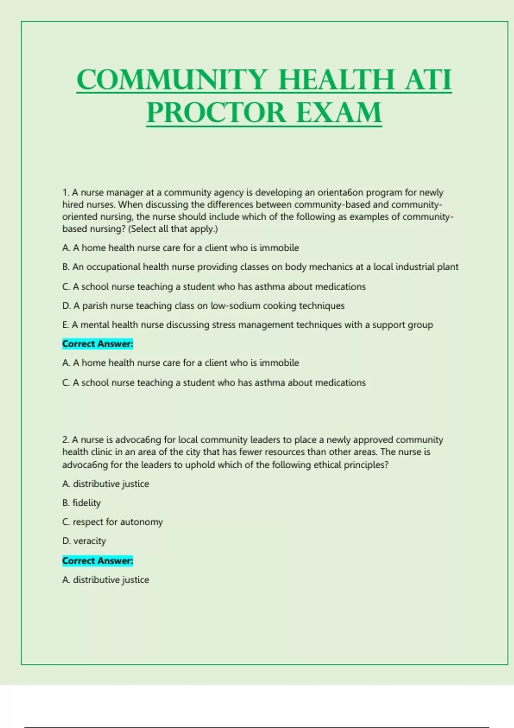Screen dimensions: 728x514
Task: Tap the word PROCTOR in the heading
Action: click(216, 113)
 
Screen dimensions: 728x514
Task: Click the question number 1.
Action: click(66, 193)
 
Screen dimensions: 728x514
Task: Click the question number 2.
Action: click(66, 440)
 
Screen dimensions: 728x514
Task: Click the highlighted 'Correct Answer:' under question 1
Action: click(98, 344)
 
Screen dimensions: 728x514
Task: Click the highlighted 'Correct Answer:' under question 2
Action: click(98, 561)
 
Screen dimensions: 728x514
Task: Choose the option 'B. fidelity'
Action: click(81, 503)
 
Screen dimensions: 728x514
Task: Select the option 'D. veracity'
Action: click(84, 541)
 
